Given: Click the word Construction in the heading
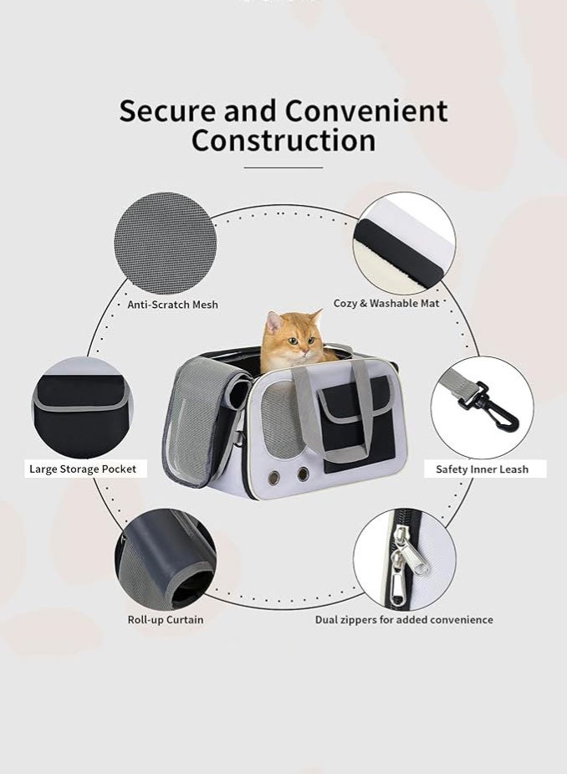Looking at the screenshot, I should click(x=283, y=140).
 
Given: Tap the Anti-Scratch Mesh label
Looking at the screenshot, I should click(x=172, y=305).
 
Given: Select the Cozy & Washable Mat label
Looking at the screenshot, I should click(x=386, y=303).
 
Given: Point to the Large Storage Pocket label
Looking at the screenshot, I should click(x=83, y=469).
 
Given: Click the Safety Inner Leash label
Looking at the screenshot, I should click(x=482, y=469).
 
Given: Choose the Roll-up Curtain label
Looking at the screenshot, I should click(x=165, y=620).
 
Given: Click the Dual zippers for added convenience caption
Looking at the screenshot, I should click(x=404, y=620).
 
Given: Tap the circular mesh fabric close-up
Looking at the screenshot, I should click(x=165, y=243).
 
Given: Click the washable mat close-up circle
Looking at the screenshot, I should click(x=404, y=243).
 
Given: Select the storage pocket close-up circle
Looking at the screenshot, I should click(x=82, y=408).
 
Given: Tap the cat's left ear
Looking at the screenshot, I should click(x=272, y=320).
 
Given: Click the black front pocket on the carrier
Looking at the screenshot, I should click(x=351, y=418).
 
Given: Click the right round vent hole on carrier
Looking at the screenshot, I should click(x=303, y=474).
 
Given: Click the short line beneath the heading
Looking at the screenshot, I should click(x=283, y=167).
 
